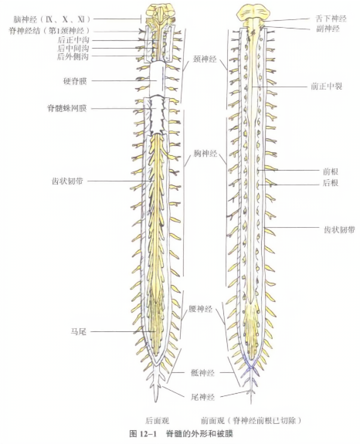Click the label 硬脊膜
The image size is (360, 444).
click(x=75, y=81)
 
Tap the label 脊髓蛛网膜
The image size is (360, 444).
click(x=67, y=108)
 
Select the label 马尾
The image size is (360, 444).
click(x=79, y=331)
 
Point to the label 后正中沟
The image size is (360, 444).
click(x=73, y=39)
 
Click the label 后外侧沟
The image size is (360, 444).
click(x=73, y=56)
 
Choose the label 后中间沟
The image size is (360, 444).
click(x=73, y=48)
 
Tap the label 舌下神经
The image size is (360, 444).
click(x=331, y=19)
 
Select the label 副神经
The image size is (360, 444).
click(x=328, y=29)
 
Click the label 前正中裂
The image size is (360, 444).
click(x=327, y=86)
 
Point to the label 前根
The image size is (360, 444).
click(x=331, y=171)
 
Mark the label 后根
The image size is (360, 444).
click(x=331, y=183)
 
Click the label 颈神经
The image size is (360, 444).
click(x=205, y=59)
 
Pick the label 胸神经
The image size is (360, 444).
click(x=205, y=154)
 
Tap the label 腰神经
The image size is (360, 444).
click(x=201, y=309)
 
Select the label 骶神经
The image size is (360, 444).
click(x=203, y=373)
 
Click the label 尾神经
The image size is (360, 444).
click(x=203, y=397)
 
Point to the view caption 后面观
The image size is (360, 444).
click(x=158, y=421)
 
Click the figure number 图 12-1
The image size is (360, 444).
click(x=143, y=433)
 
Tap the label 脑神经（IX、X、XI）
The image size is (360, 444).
click(x=52, y=19)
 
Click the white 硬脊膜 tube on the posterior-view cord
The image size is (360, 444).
click(x=157, y=80)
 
